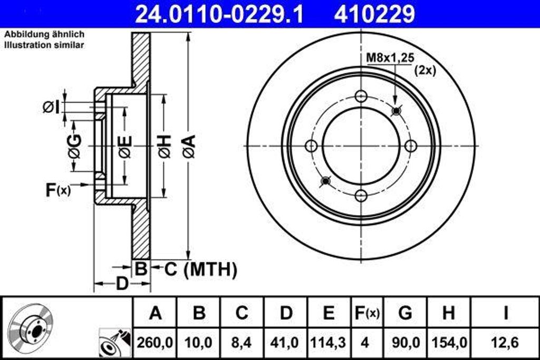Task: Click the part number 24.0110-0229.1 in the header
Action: pos(219,14)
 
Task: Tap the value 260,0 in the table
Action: pos(155,343)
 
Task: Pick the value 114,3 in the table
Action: pos(328,343)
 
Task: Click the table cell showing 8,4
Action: pos(242,343)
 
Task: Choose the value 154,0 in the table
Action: pos(448,343)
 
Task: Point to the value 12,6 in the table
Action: pos(505,343)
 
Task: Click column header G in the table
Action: pos(405,313)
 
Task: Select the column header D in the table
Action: pos(286,313)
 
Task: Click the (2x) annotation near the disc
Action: pos(425,70)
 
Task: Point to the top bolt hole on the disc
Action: pos(361,96)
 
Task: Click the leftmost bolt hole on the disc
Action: pos(311,146)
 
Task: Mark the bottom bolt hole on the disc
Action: pos(361,196)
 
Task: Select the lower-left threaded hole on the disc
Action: pos(325,181)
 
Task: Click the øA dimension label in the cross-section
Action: pos(188,146)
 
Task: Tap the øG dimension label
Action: pos(74,146)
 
